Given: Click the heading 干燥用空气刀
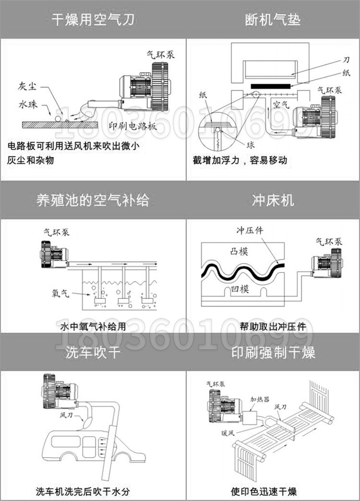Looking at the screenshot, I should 93,20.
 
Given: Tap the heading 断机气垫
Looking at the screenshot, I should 273,20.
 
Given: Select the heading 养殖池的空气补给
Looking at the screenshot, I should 93,200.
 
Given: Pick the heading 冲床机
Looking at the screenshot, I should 273,200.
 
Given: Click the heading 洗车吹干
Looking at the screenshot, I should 93,352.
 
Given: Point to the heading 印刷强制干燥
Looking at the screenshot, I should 273,352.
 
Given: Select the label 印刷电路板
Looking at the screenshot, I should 133,127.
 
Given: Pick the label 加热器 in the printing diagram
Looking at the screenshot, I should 259,399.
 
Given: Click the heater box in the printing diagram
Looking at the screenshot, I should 248,417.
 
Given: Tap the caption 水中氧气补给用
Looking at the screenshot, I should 93,326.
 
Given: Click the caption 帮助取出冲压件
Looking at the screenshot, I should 273,326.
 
